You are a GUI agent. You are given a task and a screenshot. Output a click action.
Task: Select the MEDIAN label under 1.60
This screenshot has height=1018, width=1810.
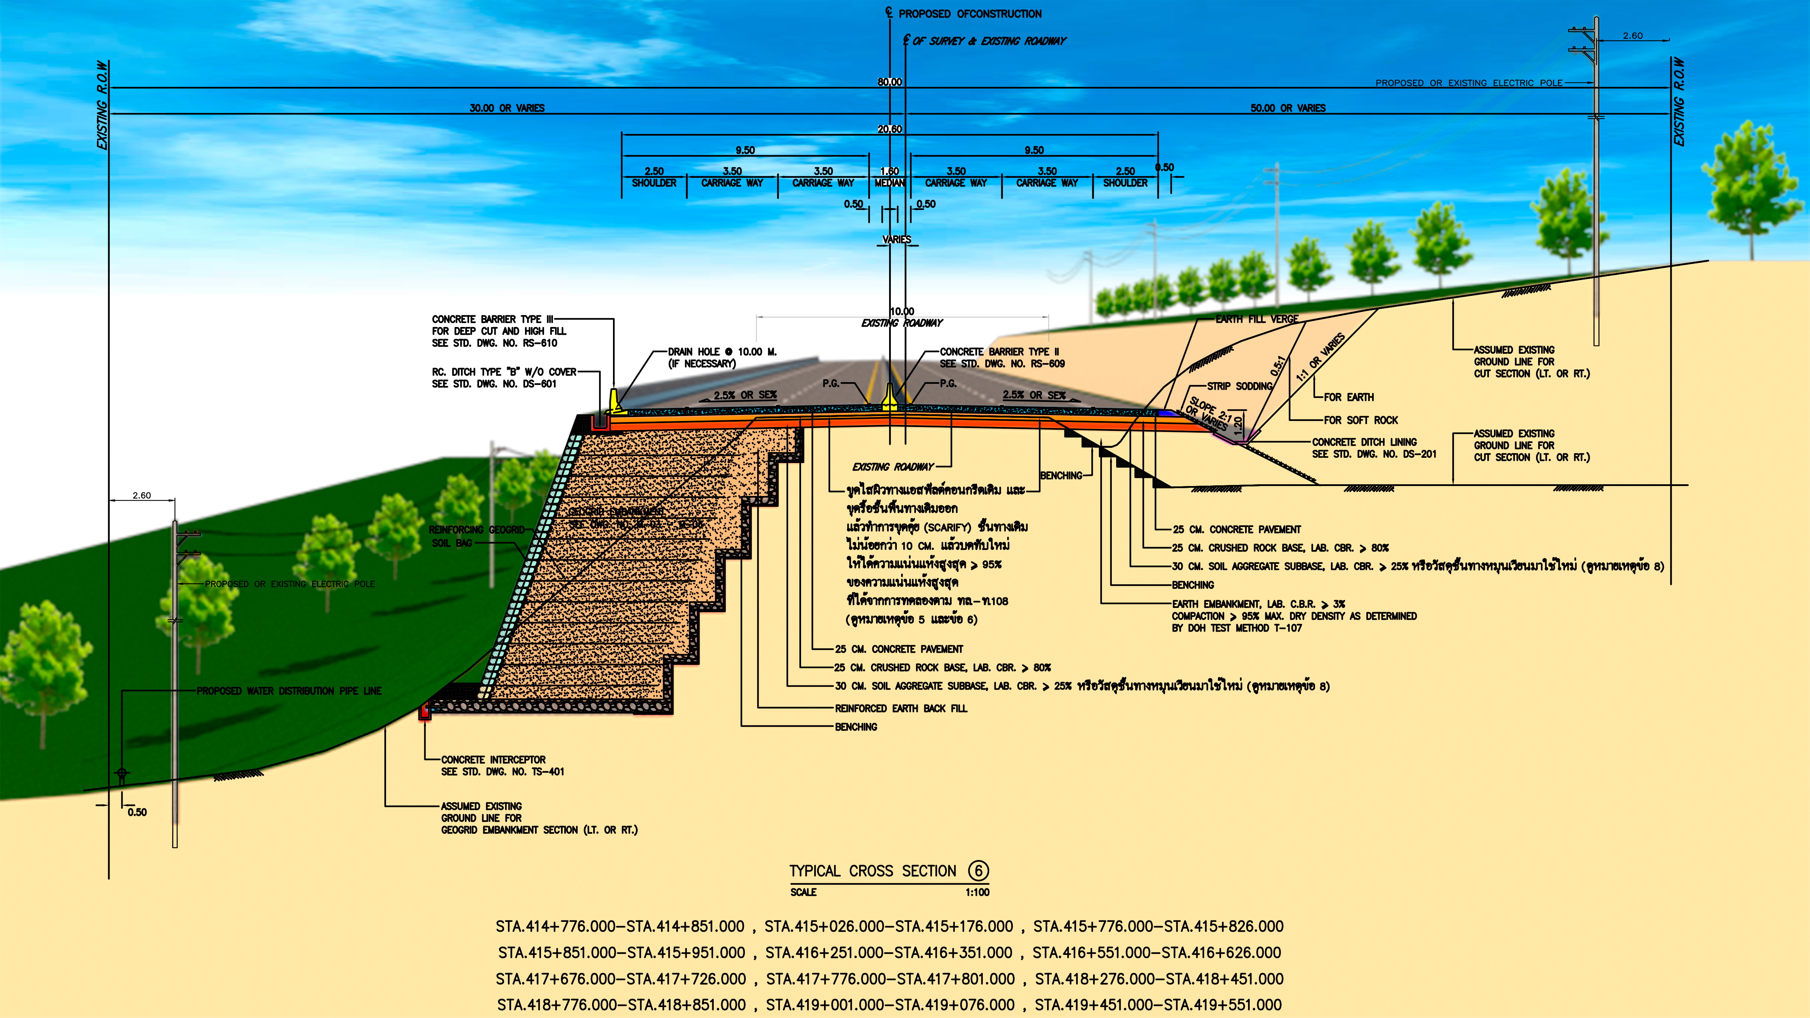tap(889, 183)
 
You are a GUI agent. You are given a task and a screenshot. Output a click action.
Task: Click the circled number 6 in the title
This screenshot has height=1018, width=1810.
tap(978, 871)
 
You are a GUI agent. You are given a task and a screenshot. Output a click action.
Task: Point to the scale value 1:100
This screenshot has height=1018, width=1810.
tap(977, 892)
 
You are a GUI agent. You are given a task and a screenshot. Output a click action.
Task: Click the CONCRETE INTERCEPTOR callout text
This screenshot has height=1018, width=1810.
tap(493, 760)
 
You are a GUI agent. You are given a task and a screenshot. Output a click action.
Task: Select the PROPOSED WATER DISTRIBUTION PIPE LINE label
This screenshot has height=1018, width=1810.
tap(289, 691)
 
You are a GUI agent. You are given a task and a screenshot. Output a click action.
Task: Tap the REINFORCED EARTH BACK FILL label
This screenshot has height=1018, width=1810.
tap(901, 708)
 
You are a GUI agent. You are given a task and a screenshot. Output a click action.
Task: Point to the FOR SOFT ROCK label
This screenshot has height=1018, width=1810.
tap(1360, 420)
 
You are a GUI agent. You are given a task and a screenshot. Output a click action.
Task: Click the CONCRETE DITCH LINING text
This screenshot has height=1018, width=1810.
tap(1364, 442)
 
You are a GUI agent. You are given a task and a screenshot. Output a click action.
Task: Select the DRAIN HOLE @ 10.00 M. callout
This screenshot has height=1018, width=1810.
tap(722, 352)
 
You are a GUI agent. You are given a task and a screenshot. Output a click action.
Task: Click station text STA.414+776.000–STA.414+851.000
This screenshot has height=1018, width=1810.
tap(620, 927)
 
